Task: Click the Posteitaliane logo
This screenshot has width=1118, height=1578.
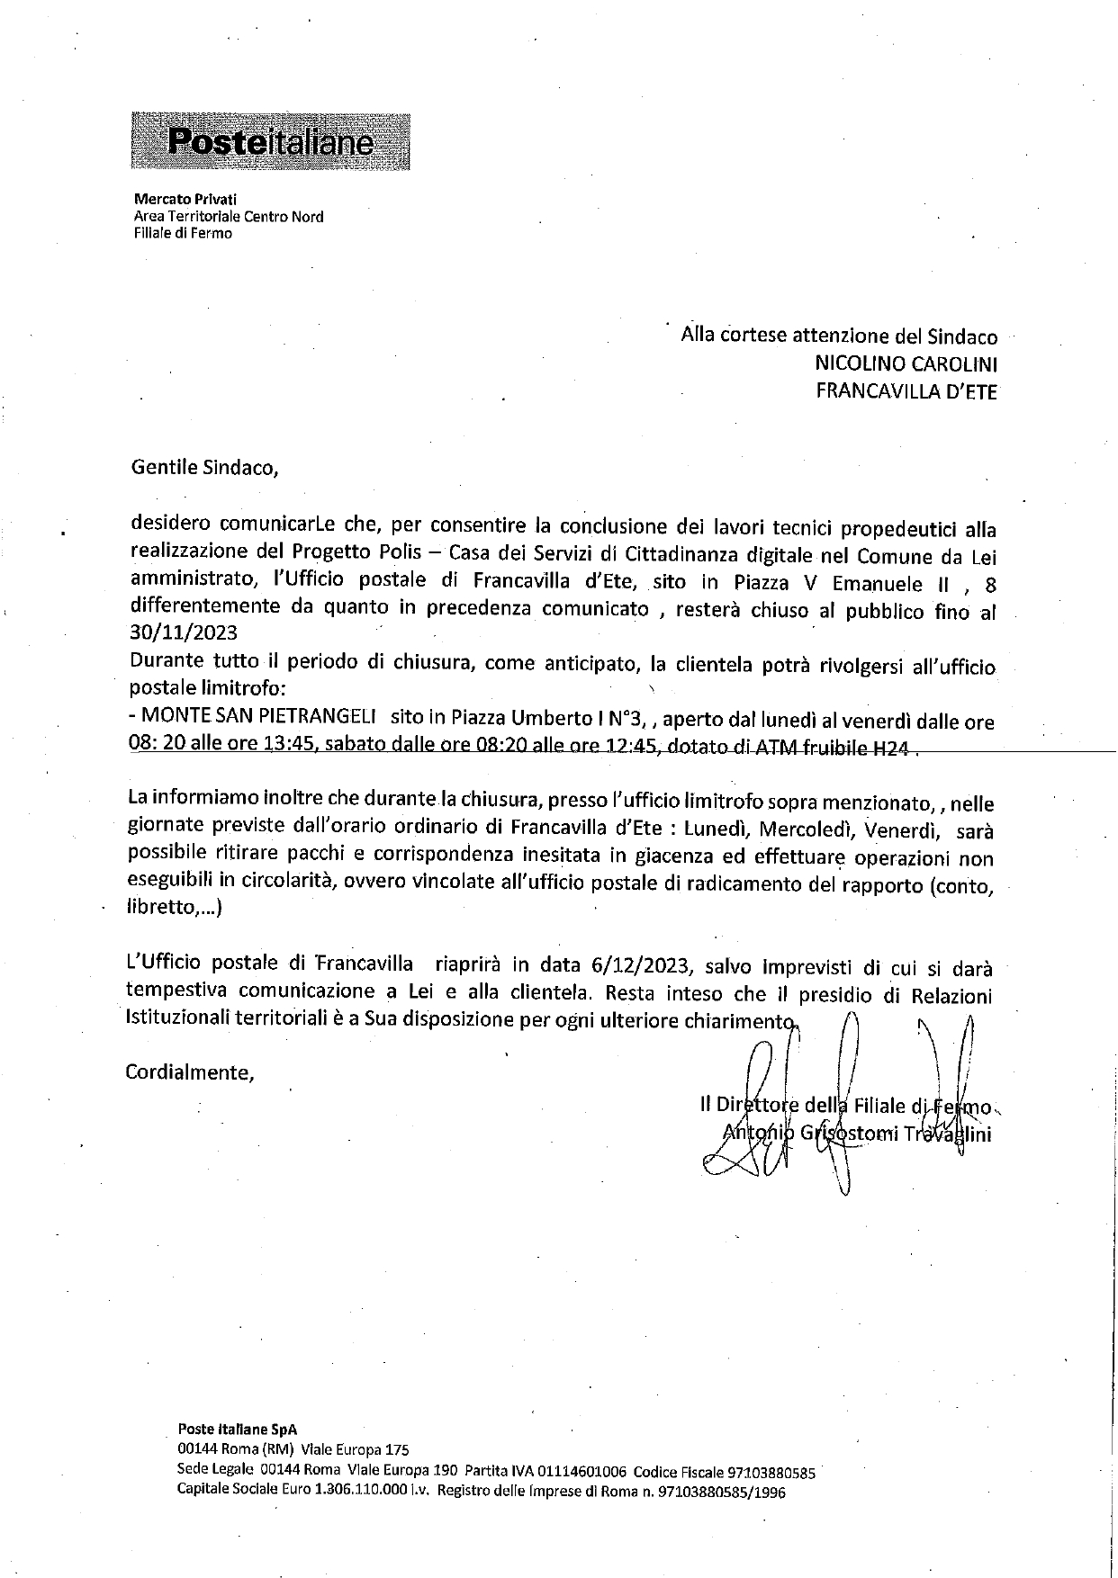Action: [x=271, y=141]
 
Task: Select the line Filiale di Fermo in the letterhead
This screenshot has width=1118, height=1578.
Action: [x=183, y=233]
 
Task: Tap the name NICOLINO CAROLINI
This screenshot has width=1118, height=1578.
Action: [x=906, y=364]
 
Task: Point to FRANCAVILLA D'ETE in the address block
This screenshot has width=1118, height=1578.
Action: [x=906, y=391]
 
